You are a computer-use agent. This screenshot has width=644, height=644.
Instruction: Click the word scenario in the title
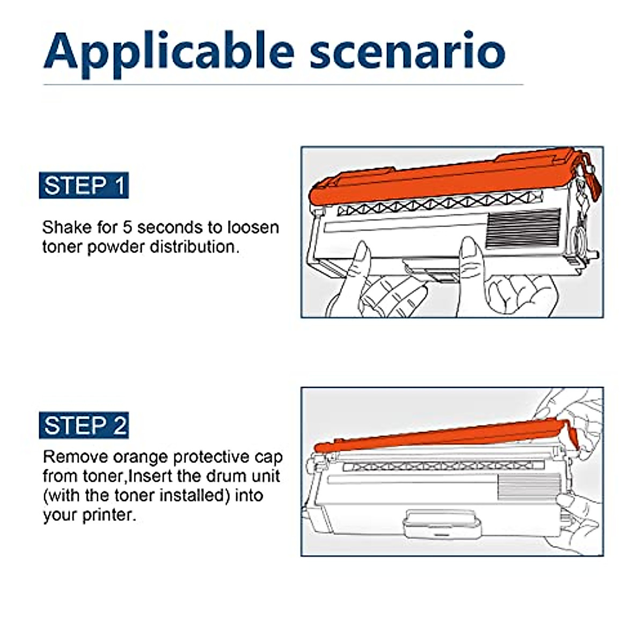[x=407, y=52]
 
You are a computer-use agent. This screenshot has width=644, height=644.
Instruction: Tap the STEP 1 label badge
[x=84, y=186]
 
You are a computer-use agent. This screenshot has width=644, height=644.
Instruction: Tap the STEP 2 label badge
[x=84, y=426]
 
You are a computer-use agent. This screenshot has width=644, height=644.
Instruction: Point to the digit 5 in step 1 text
[x=127, y=227]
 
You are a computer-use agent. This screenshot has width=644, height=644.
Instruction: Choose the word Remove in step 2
[x=75, y=457]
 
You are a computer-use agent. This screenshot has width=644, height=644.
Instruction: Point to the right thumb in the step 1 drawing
[x=469, y=252]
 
